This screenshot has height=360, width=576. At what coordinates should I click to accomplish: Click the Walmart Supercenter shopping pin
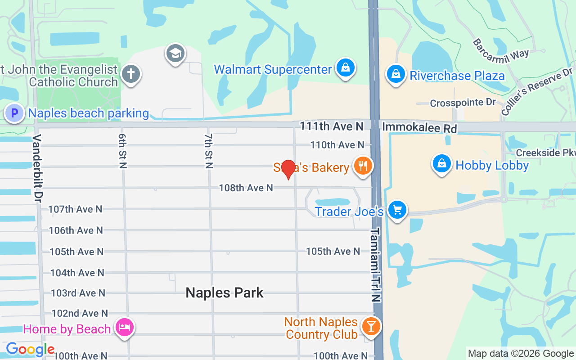pos(345,68)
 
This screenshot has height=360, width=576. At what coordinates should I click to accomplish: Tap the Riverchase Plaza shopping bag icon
pos(396,74)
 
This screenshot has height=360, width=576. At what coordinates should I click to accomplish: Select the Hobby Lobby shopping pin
pos(442,164)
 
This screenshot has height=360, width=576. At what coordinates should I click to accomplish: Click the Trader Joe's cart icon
pos(397,210)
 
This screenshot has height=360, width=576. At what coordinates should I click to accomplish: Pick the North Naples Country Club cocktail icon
pos(371,327)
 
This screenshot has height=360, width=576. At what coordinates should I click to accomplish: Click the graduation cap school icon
pos(175,54)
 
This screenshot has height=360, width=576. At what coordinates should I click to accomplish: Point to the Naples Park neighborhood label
pos(225,293)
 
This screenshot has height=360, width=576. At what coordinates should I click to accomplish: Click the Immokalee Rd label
pos(419,128)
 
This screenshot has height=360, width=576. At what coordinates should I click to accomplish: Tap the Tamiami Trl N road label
pos(376,265)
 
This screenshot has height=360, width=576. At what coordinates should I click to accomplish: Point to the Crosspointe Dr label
pos(463,103)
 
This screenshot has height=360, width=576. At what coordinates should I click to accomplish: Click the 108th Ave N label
pos(246,188)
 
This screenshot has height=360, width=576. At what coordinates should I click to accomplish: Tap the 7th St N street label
pos(208,151)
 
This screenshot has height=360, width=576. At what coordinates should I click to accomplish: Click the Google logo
pos(30,350)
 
